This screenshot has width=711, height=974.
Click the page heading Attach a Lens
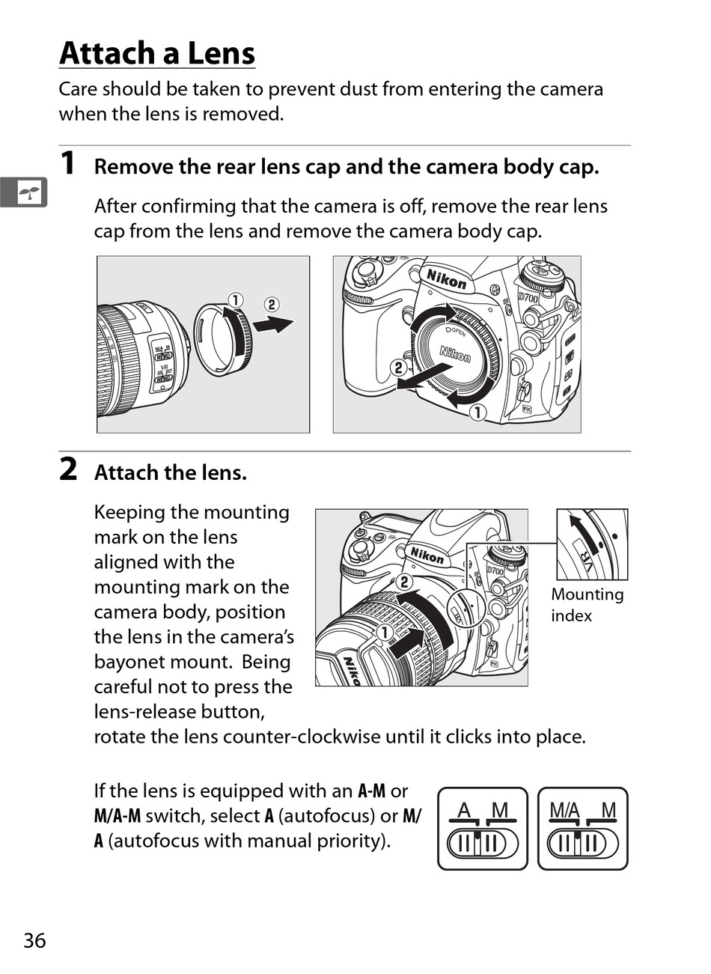[157, 54]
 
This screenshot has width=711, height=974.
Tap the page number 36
[34, 940]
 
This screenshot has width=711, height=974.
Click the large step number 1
[67, 163]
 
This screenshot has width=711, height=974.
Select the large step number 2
[68, 470]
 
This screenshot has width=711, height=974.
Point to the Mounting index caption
[587, 605]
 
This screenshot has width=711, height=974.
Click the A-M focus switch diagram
[482, 829]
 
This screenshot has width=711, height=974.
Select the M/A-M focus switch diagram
[582, 829]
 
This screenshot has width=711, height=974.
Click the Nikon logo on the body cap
[455, 353]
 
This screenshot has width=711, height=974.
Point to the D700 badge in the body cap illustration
[528, 298]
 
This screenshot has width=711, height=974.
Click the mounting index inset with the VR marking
[591, 544]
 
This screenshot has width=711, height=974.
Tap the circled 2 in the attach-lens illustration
[404, 582]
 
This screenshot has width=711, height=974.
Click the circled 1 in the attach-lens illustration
[384, 633]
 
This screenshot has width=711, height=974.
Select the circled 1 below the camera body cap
[477, 413]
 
